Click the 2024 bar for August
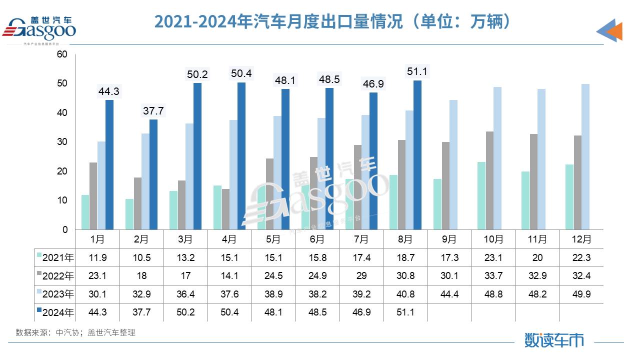[x=417, y=155]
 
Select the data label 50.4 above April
[x=241, y=74]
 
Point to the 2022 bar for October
[x=489, y=180]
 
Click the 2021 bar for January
[x=85, y=212]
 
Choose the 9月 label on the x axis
[x=449, y=239]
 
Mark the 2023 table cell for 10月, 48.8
[x=493, y=294]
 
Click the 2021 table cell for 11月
[x=537, y=258]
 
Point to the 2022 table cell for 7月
[x=361, y=276]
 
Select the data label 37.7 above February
[x=153, y=111]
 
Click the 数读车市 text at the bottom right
[x=554, y=340]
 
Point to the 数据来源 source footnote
[x=75, y=332]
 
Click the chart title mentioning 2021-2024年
[x=332, y=21]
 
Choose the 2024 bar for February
[x=153, y=174]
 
